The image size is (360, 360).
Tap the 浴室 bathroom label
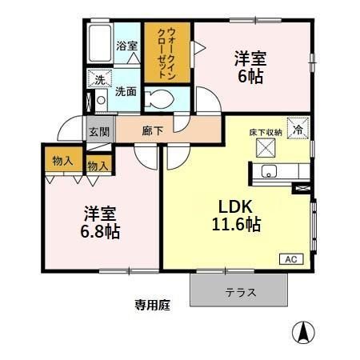tap(127, 46)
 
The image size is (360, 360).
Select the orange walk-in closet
tap(167, 53)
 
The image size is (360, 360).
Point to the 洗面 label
tap(126, 92)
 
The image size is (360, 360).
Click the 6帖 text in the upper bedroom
tap(250, 78)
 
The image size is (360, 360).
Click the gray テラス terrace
tap(239, 292)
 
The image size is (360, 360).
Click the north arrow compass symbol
tap(303, 331)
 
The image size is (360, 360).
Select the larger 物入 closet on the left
tap(62, 160)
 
